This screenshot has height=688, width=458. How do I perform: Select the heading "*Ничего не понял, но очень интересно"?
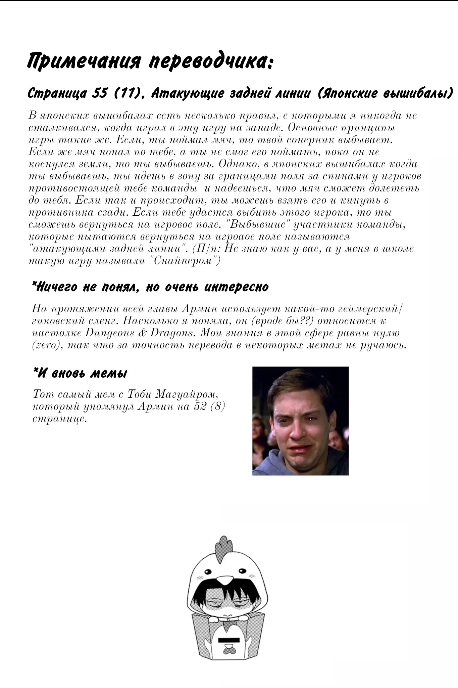(x=150, y=287)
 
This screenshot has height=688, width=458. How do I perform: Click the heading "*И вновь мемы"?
(x=80, y=373)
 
